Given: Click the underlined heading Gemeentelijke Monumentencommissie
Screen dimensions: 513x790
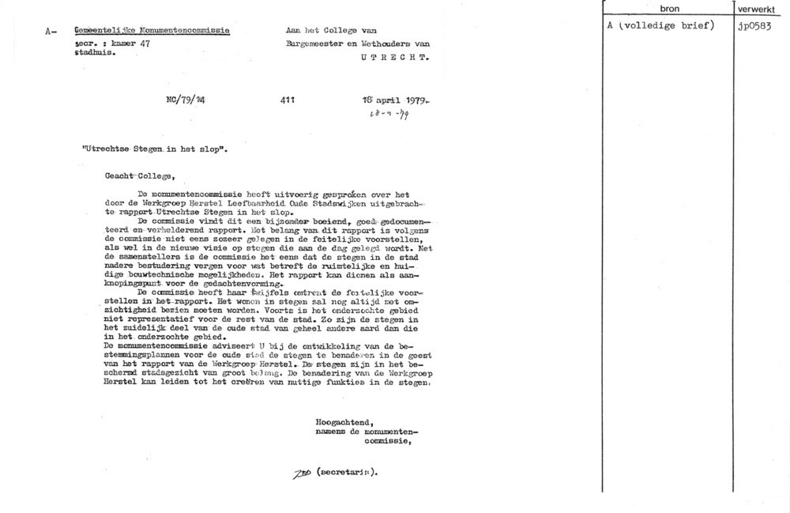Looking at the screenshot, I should point(151,31).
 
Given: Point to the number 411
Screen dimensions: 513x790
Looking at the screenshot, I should point(288,101).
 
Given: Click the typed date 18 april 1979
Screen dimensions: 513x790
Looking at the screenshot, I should point(395,101).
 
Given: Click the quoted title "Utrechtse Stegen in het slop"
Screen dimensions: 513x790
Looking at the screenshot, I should point(155,148).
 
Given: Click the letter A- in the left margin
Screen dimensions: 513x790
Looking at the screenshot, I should point(51,32).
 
